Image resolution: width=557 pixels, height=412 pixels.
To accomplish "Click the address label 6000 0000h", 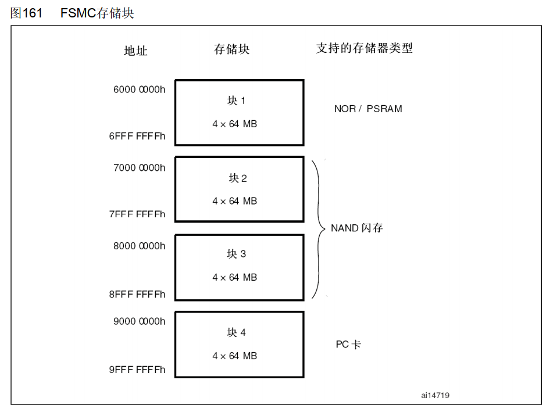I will click(x=139, y=89).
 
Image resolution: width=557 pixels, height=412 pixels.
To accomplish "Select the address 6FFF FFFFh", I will click(x=137, y=136).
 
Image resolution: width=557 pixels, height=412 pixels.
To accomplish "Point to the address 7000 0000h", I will click(x=139, y=167).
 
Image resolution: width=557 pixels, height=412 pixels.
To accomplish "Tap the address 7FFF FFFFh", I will click(x=137, y=214).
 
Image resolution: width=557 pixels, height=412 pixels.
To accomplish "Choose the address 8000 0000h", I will click(x=139, y=246).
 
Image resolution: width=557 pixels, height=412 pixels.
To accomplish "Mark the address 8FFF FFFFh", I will click(x=137, y=294).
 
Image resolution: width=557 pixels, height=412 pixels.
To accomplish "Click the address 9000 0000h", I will click(x=139, y=321).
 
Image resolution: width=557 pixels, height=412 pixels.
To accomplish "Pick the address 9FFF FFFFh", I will click(x=137, y=370).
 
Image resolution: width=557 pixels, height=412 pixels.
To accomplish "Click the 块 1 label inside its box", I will click(x=236, y=101).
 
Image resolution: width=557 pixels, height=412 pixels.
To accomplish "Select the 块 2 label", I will click(x=237, y=178).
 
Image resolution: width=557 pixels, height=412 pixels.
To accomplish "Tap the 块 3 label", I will click(x=236, y=255).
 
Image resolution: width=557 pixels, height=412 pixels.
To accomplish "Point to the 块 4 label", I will click(x=236, y=332).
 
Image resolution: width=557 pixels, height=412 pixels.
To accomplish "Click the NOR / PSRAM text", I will click(x=368, y=109).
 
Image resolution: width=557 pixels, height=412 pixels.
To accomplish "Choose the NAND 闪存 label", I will click(x=356, y=228).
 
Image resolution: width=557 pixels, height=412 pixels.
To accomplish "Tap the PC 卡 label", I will click(x=348, y=345).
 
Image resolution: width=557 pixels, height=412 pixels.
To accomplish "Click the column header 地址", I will click(x=135, y=51).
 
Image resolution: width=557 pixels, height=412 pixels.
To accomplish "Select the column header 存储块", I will click(x=231, y=49).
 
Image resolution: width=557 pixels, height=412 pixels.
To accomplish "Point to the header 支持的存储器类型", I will click(x=364, y=48).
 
